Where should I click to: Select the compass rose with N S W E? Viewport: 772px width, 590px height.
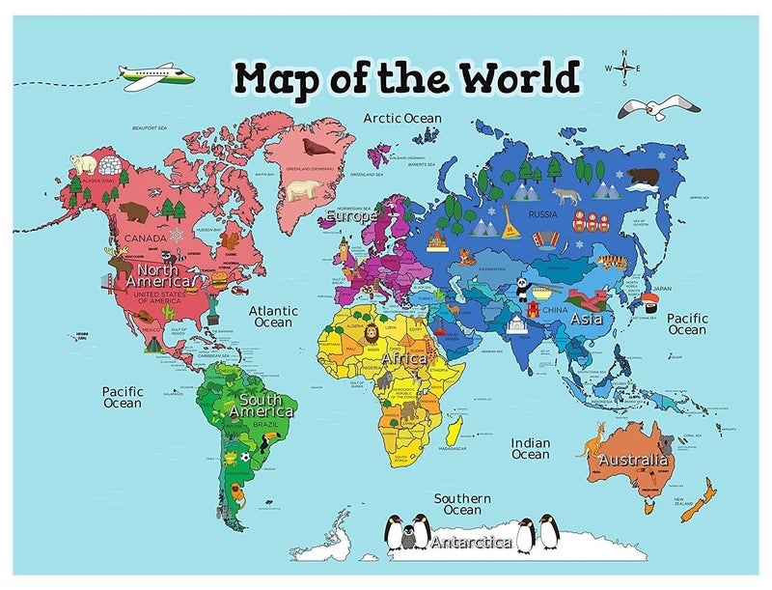pyautogui.click(x=623, y=68)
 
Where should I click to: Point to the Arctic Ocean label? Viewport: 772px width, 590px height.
pyautogui.click(x=402, y=118)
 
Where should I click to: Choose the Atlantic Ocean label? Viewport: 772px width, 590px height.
pyautogui.click(x=273, y=317)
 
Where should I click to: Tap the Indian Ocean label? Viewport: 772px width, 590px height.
pyautogui.click(x=530, y=449)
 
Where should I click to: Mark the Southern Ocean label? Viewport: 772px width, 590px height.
pyautogui.click(x=462, y=504)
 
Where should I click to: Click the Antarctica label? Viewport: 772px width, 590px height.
pyautogui.click(x=471, y=542)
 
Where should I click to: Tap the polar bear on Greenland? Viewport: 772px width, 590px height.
pyautogui.click(x=304, y=190)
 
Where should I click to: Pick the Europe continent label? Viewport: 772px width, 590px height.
pyautogui.click(x=349, y=216)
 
